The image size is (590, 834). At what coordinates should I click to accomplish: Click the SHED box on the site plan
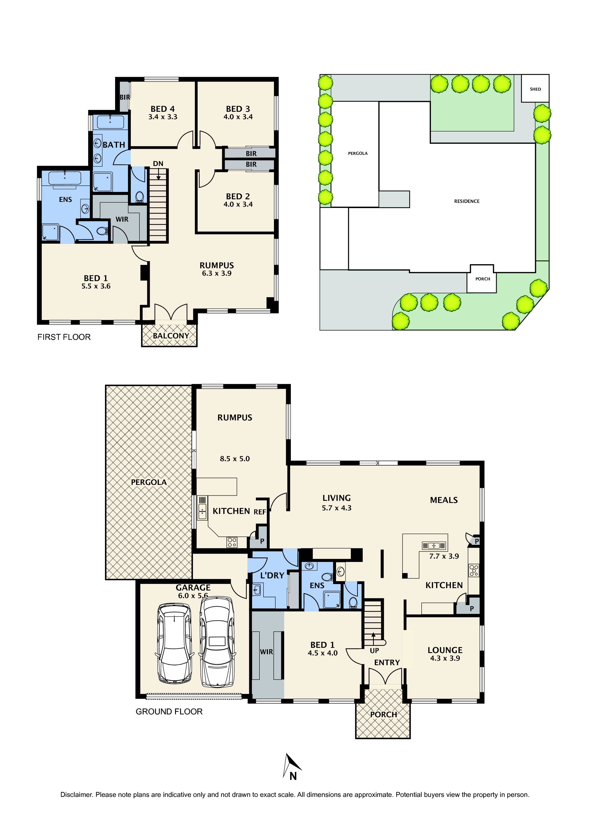535,89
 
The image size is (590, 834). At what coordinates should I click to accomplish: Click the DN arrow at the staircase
158,174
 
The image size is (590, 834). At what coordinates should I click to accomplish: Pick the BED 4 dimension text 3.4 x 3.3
163,117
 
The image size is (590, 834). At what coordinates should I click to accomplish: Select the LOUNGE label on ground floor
445,650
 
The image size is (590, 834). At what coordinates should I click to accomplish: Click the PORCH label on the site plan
483,279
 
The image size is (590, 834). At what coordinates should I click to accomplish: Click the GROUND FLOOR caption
169,712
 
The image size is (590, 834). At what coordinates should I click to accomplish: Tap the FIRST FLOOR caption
64,337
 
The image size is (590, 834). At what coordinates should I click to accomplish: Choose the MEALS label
444,500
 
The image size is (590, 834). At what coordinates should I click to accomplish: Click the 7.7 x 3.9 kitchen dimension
444,556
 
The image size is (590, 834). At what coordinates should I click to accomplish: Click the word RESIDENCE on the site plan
467,201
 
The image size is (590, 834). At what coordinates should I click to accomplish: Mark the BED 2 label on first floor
238,196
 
